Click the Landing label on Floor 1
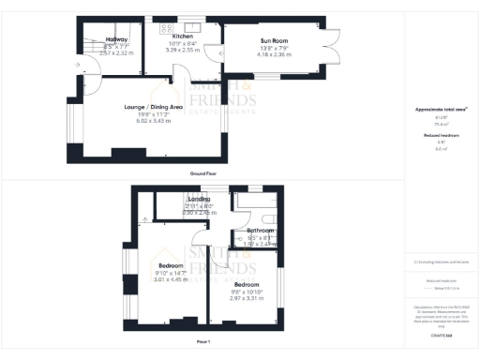(199, 199)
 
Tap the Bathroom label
(260, 231)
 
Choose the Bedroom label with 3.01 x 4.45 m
(171, 266)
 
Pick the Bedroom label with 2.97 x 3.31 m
(247, 284)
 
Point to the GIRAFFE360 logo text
(442, 335)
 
